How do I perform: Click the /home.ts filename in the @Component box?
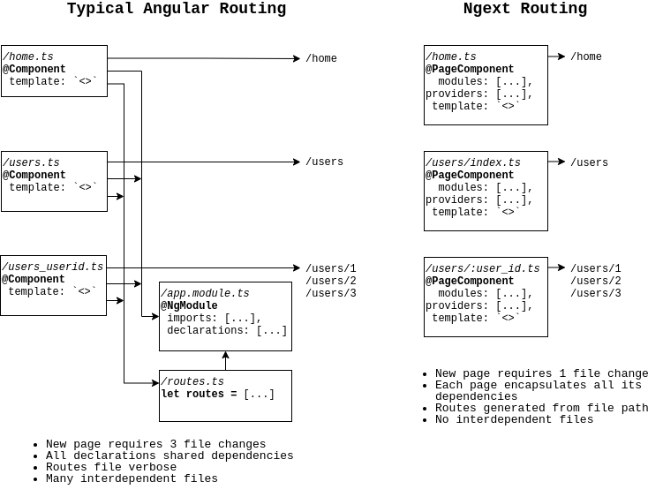(x=28, y=57)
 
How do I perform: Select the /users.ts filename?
(x=31, y=163)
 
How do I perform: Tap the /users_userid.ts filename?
(x=53, y=267)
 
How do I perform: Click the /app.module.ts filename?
(x=205, y=294)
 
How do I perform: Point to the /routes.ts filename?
(x=192, y=382)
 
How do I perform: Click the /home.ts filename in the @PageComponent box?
(x=451, y=57)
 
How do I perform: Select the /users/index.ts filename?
(x=473, y=163)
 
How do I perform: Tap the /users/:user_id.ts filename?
(x=483, y=269)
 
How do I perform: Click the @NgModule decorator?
(x=189, y=306)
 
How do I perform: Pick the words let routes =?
(x=199, y=395)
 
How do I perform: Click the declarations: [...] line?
(x=227, y=331)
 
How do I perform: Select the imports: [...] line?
(x=215, y=319)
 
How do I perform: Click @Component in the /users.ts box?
(x=34, y=176)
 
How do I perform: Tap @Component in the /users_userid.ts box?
(x=34, y=280)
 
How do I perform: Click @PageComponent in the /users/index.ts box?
(x=470, y=176)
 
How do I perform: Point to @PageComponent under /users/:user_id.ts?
(x=470, y=282)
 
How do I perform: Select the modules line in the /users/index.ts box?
(x=486, y=188)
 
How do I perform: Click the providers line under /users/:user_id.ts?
(x=479, y=306)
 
